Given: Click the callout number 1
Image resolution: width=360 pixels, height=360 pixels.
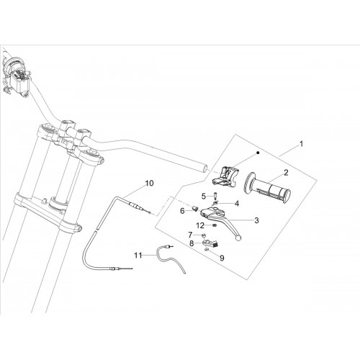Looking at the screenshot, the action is [301, 144].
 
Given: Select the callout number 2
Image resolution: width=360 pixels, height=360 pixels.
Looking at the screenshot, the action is [286, 173].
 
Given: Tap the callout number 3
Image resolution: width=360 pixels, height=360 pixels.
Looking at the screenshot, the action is [256, 220].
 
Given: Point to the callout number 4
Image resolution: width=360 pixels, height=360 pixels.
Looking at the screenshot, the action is [237, 204].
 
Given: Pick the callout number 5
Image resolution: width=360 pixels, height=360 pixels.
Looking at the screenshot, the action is [204, 197].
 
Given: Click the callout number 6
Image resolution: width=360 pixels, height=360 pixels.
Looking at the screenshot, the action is [182, 211].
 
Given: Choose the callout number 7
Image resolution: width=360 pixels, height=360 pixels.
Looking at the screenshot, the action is [190, 235].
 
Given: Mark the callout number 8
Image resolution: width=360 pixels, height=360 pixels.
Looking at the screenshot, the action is [192, 243].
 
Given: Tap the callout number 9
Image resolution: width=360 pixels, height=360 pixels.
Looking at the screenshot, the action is [222, 258].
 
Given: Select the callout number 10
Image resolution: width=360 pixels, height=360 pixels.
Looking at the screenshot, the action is [149, 183].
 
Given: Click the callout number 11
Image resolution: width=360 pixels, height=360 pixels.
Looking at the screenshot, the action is [138, 256].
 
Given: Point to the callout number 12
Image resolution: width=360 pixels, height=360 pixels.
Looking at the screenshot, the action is [200, 225].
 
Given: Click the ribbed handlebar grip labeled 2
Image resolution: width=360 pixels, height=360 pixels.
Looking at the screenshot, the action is [267, 187].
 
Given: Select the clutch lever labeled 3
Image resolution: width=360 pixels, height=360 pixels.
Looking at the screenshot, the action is [220, 217].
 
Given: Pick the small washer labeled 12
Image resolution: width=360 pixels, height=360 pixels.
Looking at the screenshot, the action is [215, 225].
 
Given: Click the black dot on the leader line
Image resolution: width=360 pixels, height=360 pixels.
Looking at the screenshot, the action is [258, 153].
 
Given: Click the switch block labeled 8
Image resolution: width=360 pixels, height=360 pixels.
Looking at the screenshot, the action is [211, 243].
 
